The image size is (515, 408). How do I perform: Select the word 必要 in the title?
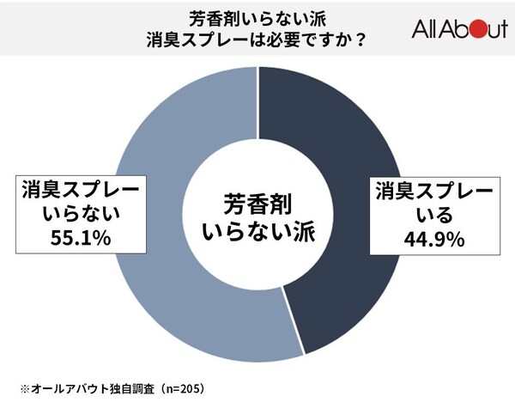click(x=276, y=41)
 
